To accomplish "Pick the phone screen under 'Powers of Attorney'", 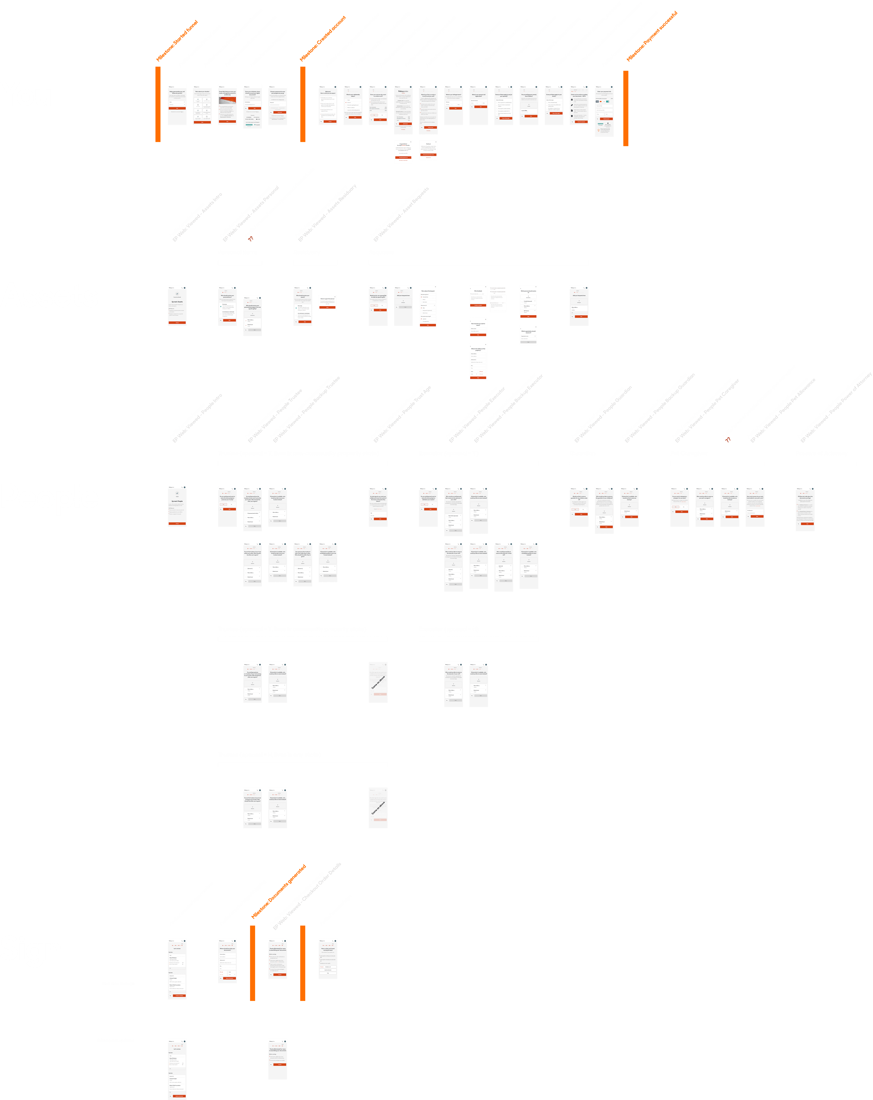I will point(805,509).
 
